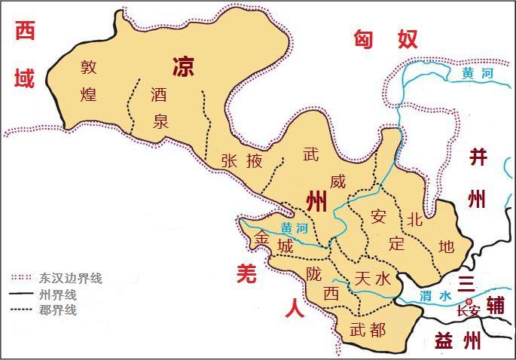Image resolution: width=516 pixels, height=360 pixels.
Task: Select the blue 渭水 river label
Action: pyautogui.click(x=435, y=296)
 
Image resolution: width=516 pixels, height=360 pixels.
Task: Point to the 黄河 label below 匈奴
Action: pyautogui.click(x=477, y=74)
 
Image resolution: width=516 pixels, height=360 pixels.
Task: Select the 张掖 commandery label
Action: pyautogui.click(x=242, y=160)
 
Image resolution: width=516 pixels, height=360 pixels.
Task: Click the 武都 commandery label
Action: pyautogui.click(x=368, y=329)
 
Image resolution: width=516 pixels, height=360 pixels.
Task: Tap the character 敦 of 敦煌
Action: pyautogui.click(x=90, y=67)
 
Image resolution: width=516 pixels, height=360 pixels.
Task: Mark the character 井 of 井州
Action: pyautogui.click(x=478, y=157)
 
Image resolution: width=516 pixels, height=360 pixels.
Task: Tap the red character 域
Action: pyautogui.click(x=25, y=78)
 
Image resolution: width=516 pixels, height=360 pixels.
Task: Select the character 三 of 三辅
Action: pyautogui.click(x=467, y=283)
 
